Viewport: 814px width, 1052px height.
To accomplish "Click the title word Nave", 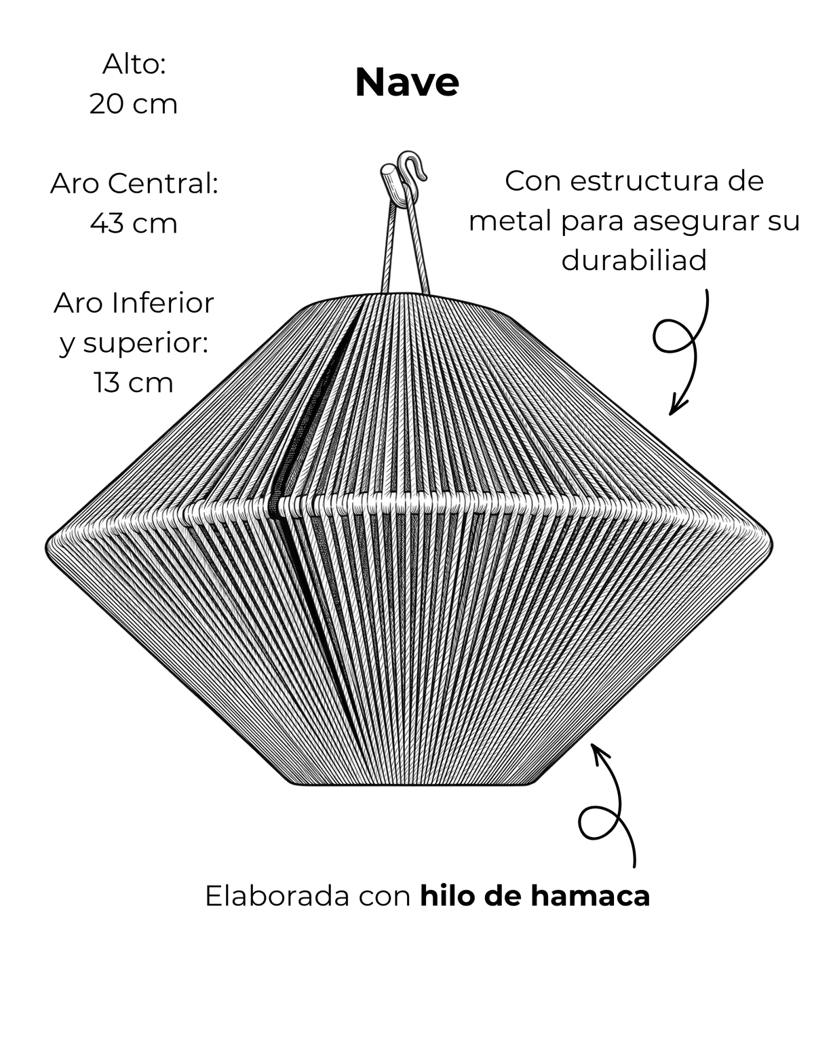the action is (406, 82).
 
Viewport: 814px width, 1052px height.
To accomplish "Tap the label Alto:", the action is (134, 64).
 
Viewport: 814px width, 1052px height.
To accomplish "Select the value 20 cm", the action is (134, 104).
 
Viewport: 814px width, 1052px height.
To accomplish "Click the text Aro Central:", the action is (134, 184).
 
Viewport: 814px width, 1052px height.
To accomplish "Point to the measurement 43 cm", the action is (134, 223).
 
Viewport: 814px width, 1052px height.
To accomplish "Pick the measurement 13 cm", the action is (134, 383).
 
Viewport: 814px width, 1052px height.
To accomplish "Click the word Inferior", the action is (163, 303).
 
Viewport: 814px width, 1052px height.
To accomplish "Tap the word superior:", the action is (146, 344).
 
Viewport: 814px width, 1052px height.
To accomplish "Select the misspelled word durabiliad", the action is (634, 260).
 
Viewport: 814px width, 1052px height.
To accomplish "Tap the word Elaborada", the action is (277, 895).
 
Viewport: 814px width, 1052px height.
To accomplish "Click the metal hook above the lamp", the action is (411, 167).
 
